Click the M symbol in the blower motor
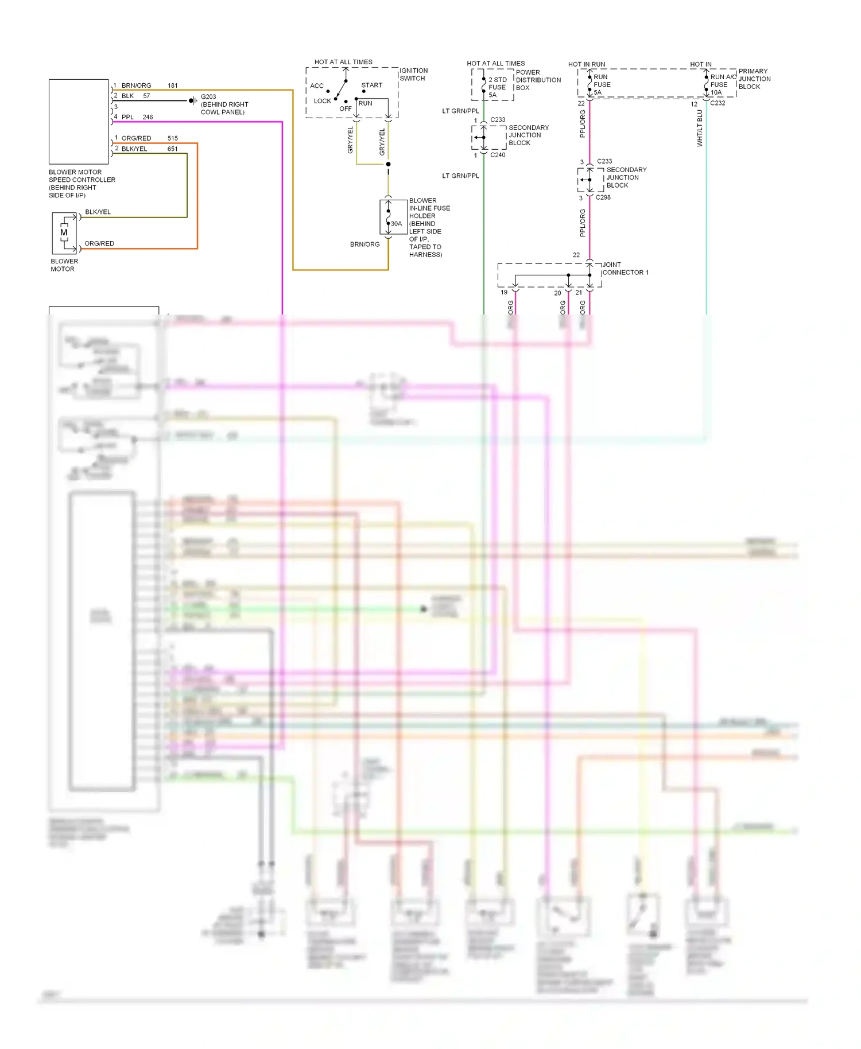pyautogui.click(x=64, y=232)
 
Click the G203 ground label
pyautogui.click(x=208, y=96)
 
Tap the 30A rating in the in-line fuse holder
pyautogui.click(x=397, y=224)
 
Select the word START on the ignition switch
pyautogui.click(x=371, y=85)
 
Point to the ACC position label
pyautogui.click(x=317, y=86)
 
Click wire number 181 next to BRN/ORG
pyautogui.click(x=173, y=86)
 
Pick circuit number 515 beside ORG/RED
pyautogui.click(x=173, y=138)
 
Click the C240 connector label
pyautogui.click(x=498, y=155)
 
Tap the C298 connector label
pyautogui.click(x=603, y=197)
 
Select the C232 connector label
pyautogui.click(x=717, y=103)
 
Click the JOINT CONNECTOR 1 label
pyautogui.click(x=625, y=269)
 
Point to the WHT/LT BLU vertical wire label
pyautogui.click(x=700, y=129)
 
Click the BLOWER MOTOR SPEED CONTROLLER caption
pyautogui.click(x=82, y=184)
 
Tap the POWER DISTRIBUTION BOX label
pyautogui.click(x=538, y=80)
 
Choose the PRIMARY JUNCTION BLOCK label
pyautogui.click(x=754, y=79)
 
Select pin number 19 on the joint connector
pyautogui.click(x=504, y=292)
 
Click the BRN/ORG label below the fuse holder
pyautogui.click(x=364, y=244)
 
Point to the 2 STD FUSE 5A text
pyautogui.click(x=497, y=87)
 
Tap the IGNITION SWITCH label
pyautogui.click(x=413, y=75)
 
